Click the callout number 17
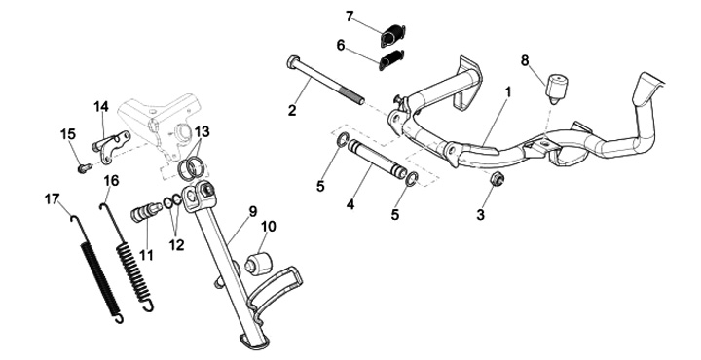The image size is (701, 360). [52, 199]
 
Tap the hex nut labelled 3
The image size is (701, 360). [497, 180]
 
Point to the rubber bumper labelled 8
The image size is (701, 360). [556, 89]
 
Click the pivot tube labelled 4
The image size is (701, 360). [378, 159]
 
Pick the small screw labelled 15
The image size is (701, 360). [85, 168]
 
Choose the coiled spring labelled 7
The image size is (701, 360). [393, 35]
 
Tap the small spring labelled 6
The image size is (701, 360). [391, 60]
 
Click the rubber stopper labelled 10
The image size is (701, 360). [259, 265]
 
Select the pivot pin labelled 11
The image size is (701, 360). [146, 212]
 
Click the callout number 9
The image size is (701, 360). [253, 211]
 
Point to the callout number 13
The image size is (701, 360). [202, 131]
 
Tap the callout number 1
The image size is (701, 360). [508, 92]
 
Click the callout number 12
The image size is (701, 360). [176, 244]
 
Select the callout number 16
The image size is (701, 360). [111, 180]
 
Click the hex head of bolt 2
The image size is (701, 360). [293, 61]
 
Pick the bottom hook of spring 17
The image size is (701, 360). [118, 318]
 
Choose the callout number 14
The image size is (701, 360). [101, 107]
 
